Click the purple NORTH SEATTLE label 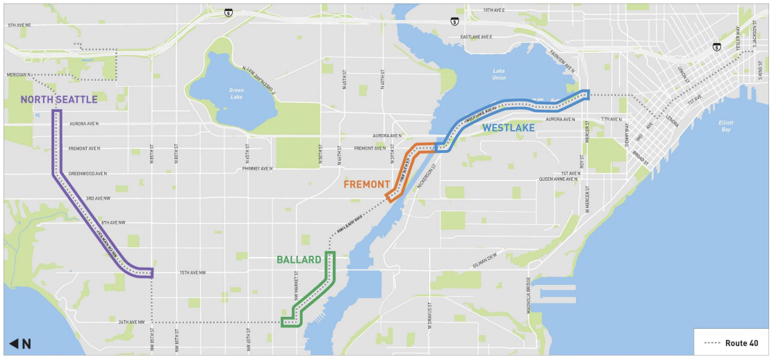(58, 99)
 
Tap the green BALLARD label (299, 260)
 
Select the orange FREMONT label (366, 184)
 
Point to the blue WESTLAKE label (510, 127)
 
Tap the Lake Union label (499, 74)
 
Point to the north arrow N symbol (20, 343)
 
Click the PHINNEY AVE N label (260, 168)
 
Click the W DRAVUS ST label (430, 316)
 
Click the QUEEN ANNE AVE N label (558, 179)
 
